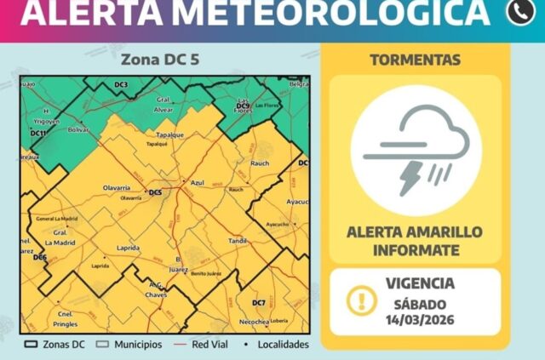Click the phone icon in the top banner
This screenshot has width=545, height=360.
(x=520, y=11)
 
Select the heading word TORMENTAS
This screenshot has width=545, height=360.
(x=416, y=60)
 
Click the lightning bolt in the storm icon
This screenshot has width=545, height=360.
(x=410, y=176)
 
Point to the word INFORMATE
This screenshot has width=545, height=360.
(x=416, y=249)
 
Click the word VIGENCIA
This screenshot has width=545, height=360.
(x=420, y=283)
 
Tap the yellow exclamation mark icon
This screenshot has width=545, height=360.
(x=361, y=300)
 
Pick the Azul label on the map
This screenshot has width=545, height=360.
(x=198, y=183)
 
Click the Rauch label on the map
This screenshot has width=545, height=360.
(x=261, y=140)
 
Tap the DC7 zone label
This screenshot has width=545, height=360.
(x=259, y=303)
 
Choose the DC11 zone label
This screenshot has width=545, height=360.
(x=37, y=134)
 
